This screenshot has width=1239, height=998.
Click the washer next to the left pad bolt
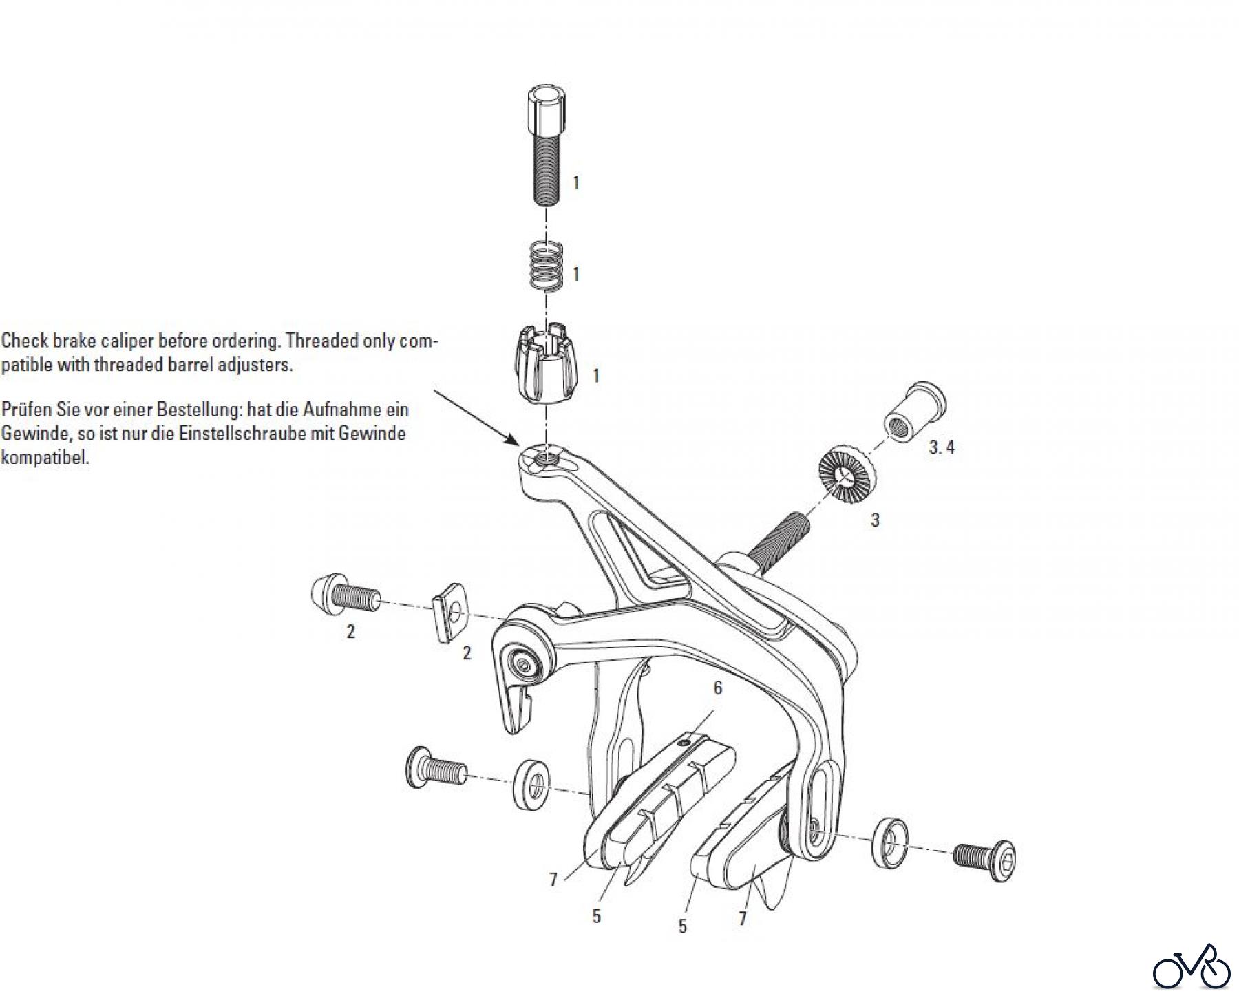(533, 784)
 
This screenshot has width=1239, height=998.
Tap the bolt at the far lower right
(985, 857)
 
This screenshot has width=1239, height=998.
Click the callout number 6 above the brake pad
(718, 688)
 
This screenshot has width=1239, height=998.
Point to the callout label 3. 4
(941, 447)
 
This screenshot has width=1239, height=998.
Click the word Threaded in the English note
(317, 341)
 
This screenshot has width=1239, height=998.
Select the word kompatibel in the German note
(45, 458)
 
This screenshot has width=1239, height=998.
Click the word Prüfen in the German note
(25, 410)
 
